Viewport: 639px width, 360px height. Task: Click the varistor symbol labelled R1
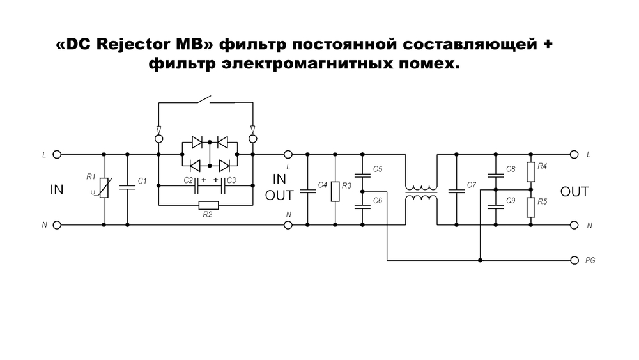point(104,189)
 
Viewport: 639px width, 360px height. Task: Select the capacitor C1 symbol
point(127,187)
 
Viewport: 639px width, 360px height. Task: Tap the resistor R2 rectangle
point(209,205)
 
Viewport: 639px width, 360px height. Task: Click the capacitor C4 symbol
point(308,190)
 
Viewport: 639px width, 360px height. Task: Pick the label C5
point(378,169)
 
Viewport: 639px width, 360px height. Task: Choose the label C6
point(378,201)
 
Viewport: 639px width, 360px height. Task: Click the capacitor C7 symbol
point(456,190)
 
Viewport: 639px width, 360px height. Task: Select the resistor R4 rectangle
point(530,172)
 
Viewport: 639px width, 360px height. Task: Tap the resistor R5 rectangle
point(530,206)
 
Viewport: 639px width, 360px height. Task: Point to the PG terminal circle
point(573,260)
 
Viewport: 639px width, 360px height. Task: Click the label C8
point(511,169)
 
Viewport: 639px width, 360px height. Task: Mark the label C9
point(511,201)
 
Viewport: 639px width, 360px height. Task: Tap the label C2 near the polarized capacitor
point(188,180)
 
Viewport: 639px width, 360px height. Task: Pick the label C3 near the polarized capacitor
point(231,180)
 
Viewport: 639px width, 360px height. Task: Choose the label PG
point(591,261)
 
